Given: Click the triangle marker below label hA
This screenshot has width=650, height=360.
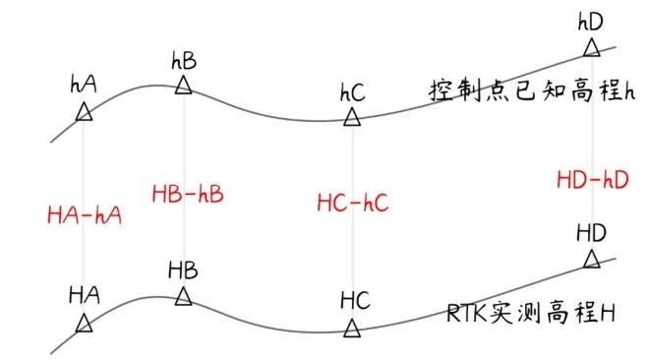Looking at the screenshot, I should pyautogui.click(x=85, y=113).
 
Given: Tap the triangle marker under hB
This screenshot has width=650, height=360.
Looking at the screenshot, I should pyautogui.click(x=183, y=86).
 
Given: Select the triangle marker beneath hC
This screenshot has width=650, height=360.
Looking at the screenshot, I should pyautogui.click(x=352, y=118).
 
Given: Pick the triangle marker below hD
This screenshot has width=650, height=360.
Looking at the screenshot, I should pyautogui.click(x=591, y=47).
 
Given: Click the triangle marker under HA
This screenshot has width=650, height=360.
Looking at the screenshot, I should pyautogui.click(x=84, y=323).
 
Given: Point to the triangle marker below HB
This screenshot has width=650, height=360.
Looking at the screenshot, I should pyautogui.click(x=183, y=295).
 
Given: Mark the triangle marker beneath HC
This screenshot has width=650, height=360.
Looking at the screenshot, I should pyautogui.click(x=352, y=328).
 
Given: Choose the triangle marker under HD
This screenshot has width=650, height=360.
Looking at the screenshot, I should pyautogui.click(x=591, y=259).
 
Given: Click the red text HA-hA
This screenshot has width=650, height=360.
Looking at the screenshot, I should pyautogui.click(x=84, y=213).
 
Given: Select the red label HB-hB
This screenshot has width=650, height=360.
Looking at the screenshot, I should pyautogui.click(x=188, y=193).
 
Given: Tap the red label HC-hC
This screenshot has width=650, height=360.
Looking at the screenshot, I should pyautogui.click(x=352, y=204).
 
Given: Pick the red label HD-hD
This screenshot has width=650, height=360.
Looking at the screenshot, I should pyautogui.click(x=592, y=179).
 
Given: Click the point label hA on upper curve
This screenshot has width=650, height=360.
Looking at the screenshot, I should pyautogui.click(x=84, y=86).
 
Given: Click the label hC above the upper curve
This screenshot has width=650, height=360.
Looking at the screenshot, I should pyautogui.click(x=352, y=93).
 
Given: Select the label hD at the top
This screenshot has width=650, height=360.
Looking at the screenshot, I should pyautogui.click(x=591, y=20).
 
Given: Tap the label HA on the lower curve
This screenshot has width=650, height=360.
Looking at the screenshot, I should pyautogui.click(x=84, y=295).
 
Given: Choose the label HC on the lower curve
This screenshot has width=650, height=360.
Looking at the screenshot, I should pyautogui.click(x=354, y=300).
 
